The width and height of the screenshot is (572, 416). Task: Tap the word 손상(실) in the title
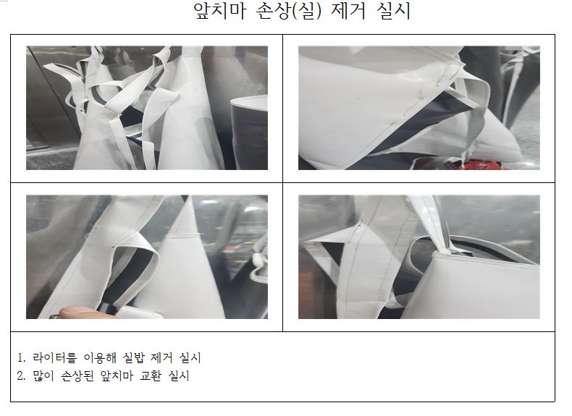[289, 11]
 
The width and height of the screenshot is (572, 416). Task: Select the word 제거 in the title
[348, 11]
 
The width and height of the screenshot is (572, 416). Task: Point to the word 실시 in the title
[394, 11]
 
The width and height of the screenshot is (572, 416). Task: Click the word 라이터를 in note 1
[55, 357]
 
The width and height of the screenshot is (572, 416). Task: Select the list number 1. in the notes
[21, 357]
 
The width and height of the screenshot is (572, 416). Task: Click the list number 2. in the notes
[21, 376]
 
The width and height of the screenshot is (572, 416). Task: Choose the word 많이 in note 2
[43, 376]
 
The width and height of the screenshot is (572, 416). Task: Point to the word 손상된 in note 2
[77, 376]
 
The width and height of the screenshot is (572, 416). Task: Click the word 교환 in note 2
[151, 376]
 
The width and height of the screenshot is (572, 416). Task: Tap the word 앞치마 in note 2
[117, 376]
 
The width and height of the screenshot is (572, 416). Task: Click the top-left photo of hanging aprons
[147, 108]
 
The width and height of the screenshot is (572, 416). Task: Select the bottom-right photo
[419, 257]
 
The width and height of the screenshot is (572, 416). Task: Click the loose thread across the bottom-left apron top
[186, 235]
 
